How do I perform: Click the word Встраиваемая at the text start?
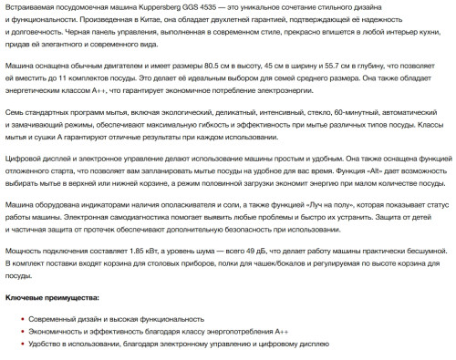click(27, 7)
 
